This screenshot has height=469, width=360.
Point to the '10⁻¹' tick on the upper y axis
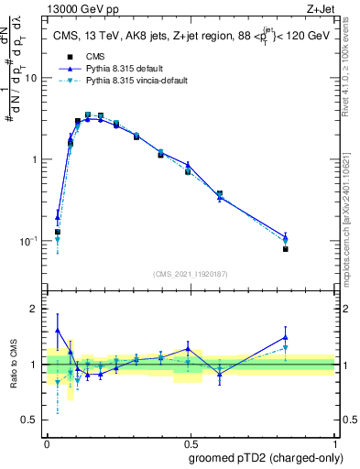[29, 240]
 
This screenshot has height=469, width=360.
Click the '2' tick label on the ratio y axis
[35, 309]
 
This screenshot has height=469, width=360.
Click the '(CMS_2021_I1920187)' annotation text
[191, 273]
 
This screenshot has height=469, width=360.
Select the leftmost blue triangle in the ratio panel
[58, 330]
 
